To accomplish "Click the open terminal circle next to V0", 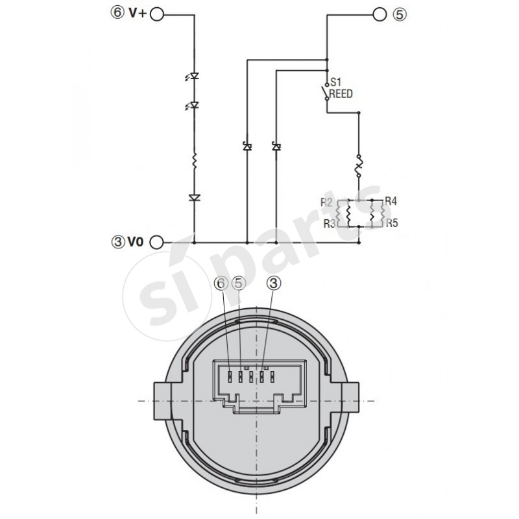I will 156,243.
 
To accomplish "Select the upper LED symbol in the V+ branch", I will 195,77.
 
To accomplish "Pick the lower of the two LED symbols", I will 195,104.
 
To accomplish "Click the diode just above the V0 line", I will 195,197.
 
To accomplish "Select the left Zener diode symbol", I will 247,147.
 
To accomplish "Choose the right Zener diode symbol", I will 276,147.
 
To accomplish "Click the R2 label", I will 327,203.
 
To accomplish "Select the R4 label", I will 391,201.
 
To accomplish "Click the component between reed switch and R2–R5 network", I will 358,166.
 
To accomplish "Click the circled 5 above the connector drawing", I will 239,283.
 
